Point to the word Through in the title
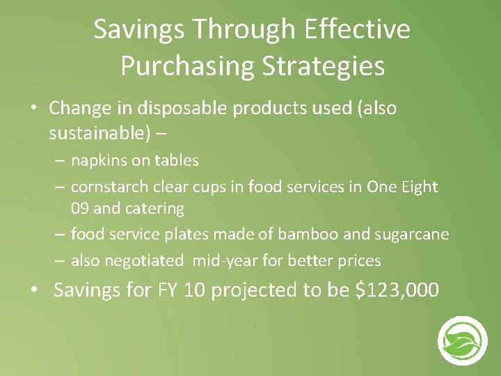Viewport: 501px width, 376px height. coord(232,30)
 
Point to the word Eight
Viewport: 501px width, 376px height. coord(419,187)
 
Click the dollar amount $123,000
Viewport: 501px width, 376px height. coord(397,290)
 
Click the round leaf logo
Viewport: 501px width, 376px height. coord(462,340)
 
